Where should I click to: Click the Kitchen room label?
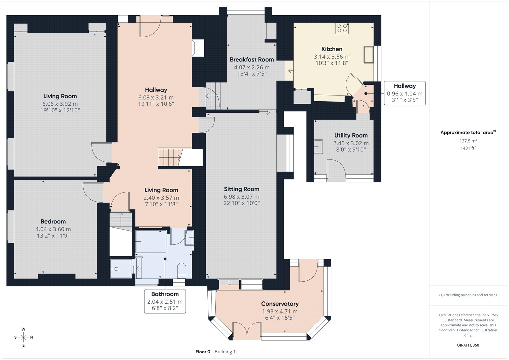332,49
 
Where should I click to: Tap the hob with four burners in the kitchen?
342,28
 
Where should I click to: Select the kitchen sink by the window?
369,54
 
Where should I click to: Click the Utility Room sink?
318,147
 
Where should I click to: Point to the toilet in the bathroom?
181,271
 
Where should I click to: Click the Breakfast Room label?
252,60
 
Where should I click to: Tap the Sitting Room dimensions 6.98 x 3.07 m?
241,197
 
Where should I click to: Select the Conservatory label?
280,304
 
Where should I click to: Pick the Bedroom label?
53,222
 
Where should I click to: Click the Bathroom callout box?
165,301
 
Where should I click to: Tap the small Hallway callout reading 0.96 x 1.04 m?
405,93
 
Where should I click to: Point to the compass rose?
24,337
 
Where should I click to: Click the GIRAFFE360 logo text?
468,345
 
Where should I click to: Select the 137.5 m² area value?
468,141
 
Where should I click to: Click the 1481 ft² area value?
468,148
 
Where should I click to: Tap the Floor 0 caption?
203,352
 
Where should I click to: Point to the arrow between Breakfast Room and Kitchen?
291,71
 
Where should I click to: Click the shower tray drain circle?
116,269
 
